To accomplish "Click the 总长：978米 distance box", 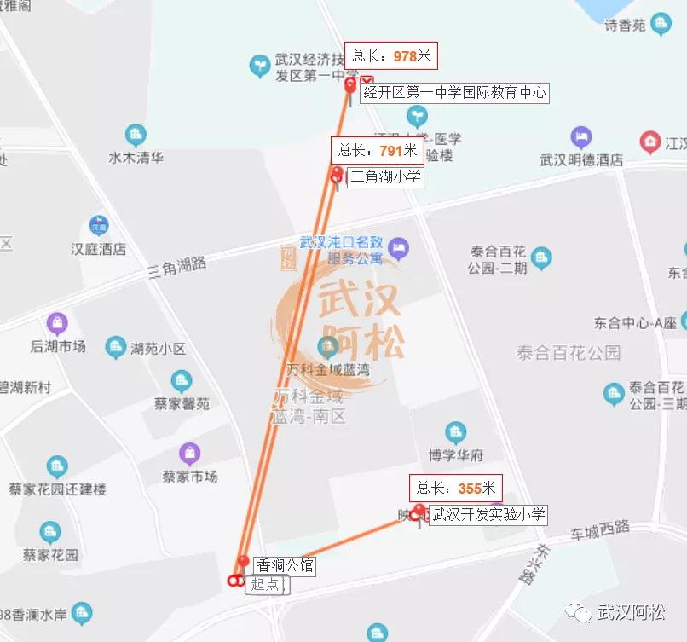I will [x=391, y=56].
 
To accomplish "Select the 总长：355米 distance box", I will [x=455, y=489].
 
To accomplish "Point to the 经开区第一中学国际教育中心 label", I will [x=453, y=93].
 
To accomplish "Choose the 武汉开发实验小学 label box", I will [x=488, y=515].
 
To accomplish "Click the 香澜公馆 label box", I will [x=285, y=565].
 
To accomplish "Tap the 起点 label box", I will [x=267, y=584].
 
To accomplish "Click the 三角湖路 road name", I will [x=177, y=267].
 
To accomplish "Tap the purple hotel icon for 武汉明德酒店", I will [x=581, y=137].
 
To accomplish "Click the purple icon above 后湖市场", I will [x=57, y=323].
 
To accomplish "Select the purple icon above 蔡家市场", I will [x=190, y=454].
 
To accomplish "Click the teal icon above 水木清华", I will [x=136, y=135].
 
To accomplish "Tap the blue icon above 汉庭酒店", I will [x=99, y=226].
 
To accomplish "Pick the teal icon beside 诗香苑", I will [x=661, y=25].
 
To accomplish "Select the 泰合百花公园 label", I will [x=569, y=352].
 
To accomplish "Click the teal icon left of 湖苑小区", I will [x=116, y=347].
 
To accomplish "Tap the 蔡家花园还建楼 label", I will [x=57, y=489].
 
